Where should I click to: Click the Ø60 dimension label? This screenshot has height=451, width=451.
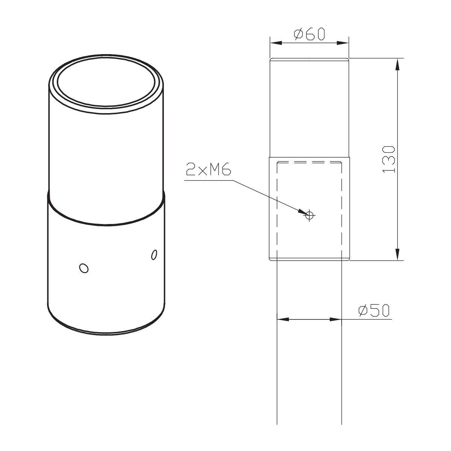click(x=309, y=35)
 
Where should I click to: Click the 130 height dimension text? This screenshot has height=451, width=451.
click(x=389, y=159)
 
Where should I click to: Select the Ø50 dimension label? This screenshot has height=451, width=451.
click(x=374, y=311)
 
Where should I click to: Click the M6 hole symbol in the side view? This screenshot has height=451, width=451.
click(x=309, y=215)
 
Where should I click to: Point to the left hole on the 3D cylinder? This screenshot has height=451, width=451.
click(x=83, y=268)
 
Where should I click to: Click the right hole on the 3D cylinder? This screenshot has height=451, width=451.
click(x=153, y=254)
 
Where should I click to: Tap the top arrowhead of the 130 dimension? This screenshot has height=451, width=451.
click(x=397, y=64)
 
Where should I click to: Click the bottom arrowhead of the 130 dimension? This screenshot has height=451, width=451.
click(x=397, y=254)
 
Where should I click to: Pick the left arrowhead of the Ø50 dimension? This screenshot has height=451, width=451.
click(x=282, y=319)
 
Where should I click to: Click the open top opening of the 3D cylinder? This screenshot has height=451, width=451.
click(x=107, y=86)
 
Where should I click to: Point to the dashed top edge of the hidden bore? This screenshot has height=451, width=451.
click(x=309, y=162)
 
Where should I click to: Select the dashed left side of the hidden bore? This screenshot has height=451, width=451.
click(x=277, y=207)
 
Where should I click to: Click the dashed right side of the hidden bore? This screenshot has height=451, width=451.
click(x=341, y=207)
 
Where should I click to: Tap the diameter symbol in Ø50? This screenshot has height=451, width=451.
click(x=363, y=311)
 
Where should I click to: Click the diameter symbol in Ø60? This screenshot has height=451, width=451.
click(x=298, y=35)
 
